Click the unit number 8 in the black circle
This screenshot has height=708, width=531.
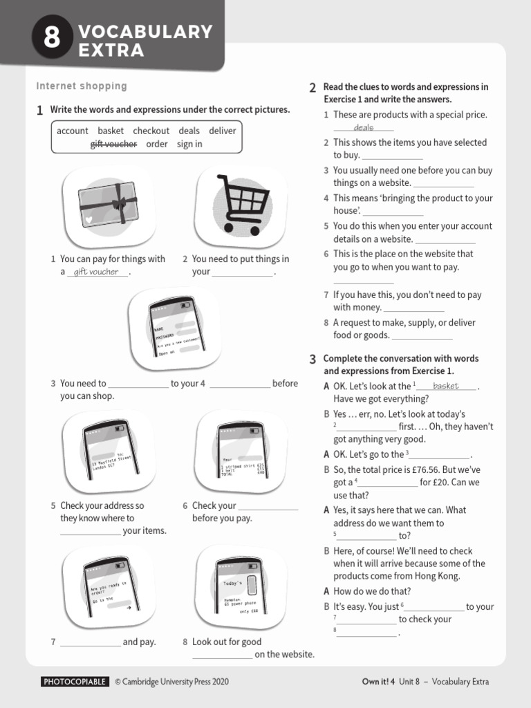[52, 39]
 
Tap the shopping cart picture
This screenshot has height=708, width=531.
[240, 205]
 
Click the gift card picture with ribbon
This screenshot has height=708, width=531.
[107, 205]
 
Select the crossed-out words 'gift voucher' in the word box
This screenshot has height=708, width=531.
[113, 144]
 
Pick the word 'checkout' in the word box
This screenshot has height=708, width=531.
[151, 131]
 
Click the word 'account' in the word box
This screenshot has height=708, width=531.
[73, 131]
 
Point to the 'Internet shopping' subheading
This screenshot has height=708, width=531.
[82, 86]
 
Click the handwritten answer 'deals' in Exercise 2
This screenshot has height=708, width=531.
[363, 128]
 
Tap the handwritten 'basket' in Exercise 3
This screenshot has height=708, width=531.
[445, 386]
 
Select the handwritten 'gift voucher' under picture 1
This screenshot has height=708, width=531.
[96, 272]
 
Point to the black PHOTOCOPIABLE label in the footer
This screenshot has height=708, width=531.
[75, 682]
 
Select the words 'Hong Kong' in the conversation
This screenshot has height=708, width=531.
[439, 576]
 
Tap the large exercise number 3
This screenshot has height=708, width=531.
[313, 360]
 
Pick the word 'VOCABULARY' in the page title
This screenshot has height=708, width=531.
[145, 32]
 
